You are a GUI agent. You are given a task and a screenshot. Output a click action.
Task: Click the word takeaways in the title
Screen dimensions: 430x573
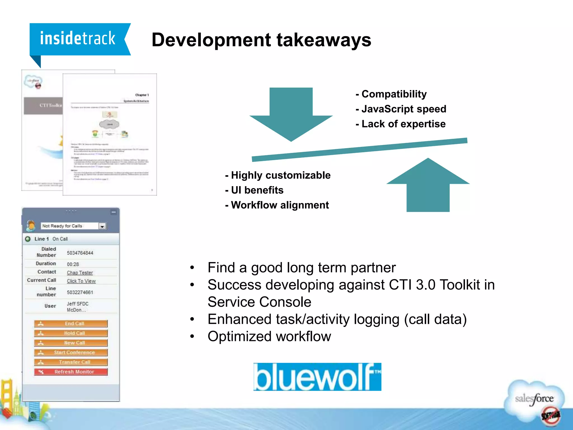pyautogui.click(x=324, y=40)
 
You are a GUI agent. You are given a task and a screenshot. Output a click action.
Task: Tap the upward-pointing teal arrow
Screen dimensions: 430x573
pyautogui.click(x=428, y=185)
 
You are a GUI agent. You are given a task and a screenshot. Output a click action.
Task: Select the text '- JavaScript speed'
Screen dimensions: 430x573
pyautogui.click(x=401, y=109)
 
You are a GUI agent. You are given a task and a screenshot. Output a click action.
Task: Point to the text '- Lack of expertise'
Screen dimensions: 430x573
pyautogui.click(x=400, y=124)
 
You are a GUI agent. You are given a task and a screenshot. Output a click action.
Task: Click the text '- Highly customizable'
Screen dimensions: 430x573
pyautogui.click(x=278, y=175)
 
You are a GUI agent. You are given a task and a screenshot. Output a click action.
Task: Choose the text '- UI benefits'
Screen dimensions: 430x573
pyautogui.click(x=254, y=190)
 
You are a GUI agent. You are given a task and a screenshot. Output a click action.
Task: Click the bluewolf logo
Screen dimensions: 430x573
pyautogui.click(x=317, y=377)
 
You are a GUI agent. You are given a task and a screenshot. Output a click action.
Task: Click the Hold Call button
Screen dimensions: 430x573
pyautogui.click(x=71, y=333)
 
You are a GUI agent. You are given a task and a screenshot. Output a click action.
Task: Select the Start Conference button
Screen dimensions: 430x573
pyautogui.click(x=71, y=352)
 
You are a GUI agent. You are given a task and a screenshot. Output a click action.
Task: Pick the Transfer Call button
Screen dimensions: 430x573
pyautogui.click(x=71, y=362)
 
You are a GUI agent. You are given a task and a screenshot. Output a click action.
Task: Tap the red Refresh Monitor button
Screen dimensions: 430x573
pyautogui.click(x=71, y=372)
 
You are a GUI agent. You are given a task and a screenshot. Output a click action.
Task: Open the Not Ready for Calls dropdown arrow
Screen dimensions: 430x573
pyautogui.click(x=102, y=226)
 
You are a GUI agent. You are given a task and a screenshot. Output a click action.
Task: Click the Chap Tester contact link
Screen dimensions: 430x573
pyautogui.click(x=80, y=272)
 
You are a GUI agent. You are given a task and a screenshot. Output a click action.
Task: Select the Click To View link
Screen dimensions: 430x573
pyautogui.click(x=81, y=281)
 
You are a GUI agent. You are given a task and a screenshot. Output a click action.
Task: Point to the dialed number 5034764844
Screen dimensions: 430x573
pyautogui.click(x=80, y=253)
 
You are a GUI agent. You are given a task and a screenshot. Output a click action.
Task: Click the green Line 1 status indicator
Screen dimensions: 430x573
pyautogui.click(x=28, y=239)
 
